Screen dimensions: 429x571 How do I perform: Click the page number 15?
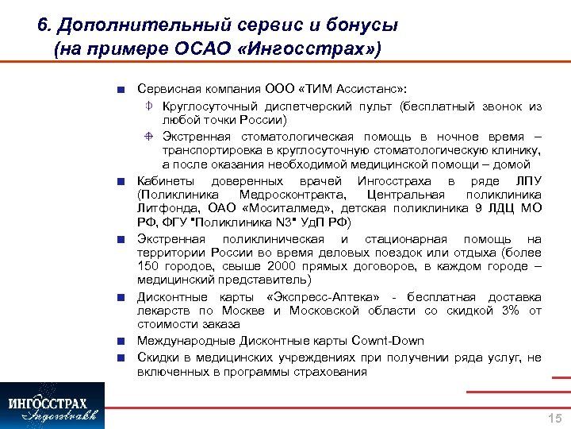[554, 418]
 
